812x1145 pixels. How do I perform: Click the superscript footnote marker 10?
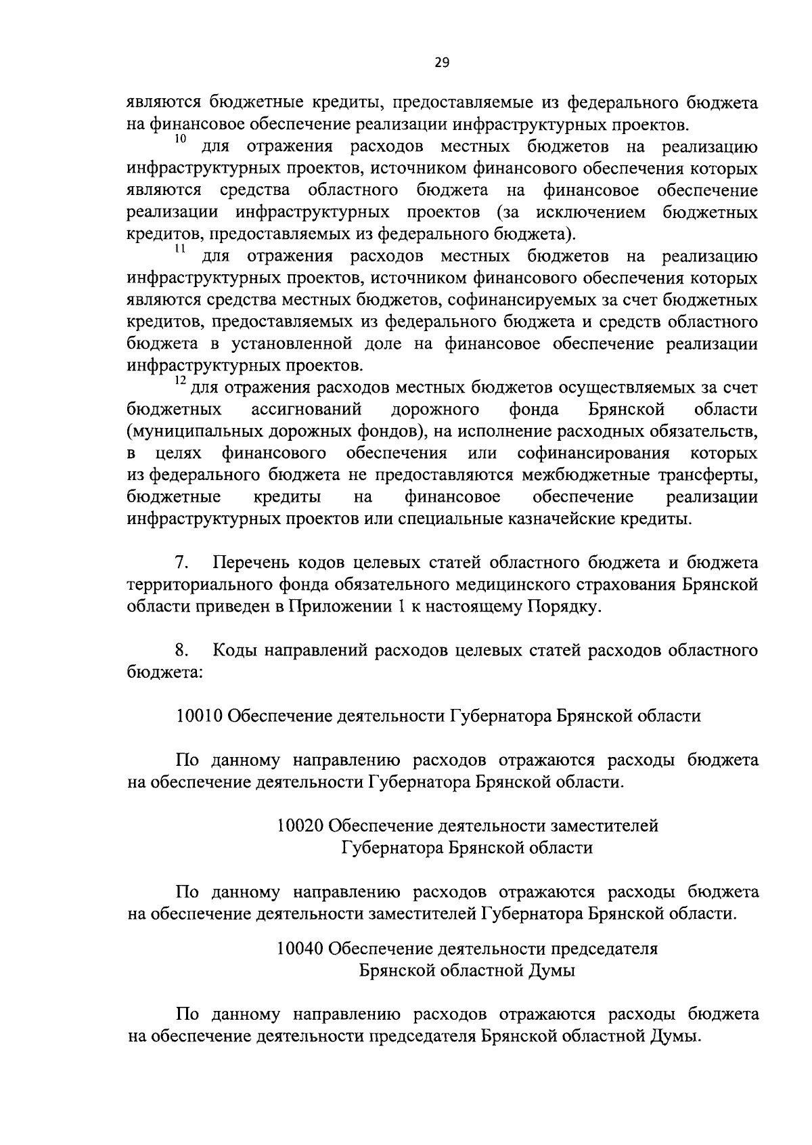click(180, 139)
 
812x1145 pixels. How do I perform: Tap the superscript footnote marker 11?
click(180, 249)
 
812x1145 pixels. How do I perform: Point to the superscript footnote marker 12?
click(180, 381)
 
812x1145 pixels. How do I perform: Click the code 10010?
click(200, 716)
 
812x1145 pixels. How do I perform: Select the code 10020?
click(300, 826)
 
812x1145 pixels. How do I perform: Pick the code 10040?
click(300, 949)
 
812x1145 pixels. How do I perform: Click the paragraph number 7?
click(181, 563)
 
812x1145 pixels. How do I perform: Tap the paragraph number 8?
click(181, 651)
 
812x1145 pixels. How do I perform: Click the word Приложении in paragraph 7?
click(333, 607)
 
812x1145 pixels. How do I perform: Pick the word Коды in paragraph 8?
click(234, 651)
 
